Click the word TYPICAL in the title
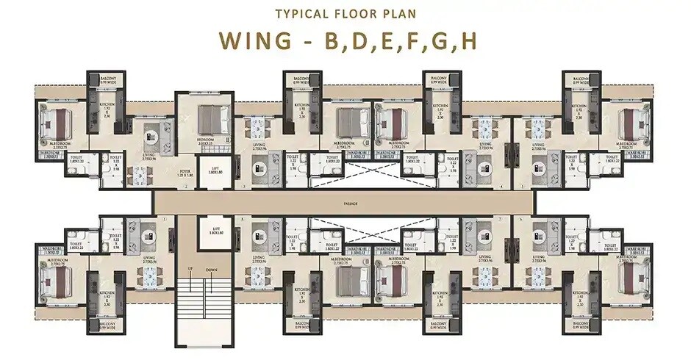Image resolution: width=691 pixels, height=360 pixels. click(x=297, y=13)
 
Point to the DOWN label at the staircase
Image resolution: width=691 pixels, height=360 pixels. click(x=211, y=269)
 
